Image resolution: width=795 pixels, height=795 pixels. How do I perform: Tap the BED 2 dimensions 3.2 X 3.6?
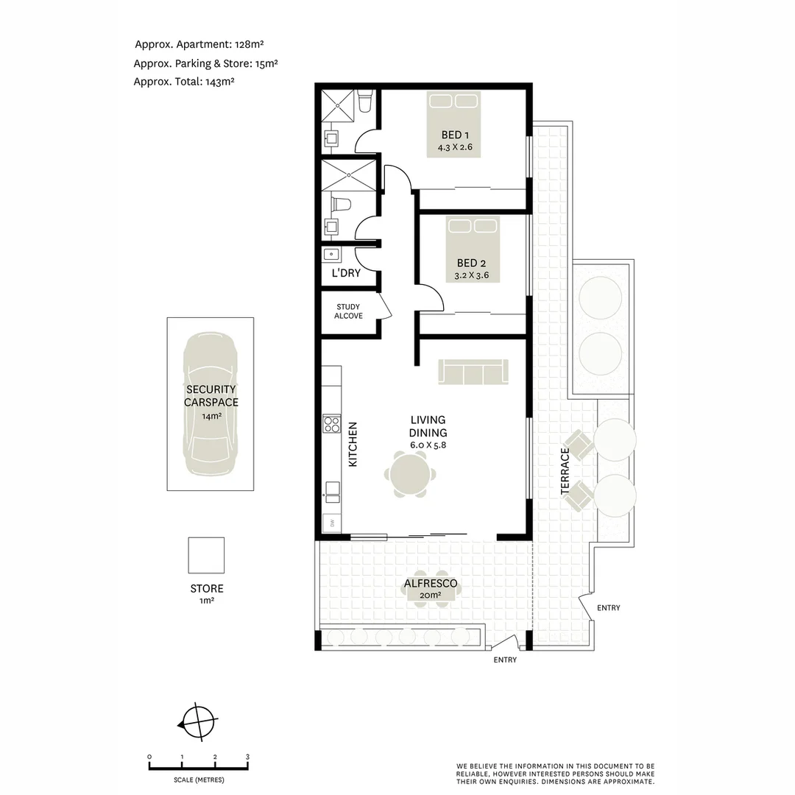pos(472,276)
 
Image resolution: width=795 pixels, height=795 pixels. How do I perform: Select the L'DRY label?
pos(345,273)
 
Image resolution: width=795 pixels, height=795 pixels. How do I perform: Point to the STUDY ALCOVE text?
pos(348,311)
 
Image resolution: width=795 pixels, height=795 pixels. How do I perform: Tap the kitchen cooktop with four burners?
pos(331,424)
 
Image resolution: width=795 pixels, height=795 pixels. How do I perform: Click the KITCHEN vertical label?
pos(353,445)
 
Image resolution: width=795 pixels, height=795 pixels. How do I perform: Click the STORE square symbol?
pos(206,555)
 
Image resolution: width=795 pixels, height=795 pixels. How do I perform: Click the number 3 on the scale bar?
pos(248,757)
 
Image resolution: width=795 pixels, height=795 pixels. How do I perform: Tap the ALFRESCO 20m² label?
pos(431,589)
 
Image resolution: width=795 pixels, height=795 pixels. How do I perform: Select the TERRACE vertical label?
pos(565,471)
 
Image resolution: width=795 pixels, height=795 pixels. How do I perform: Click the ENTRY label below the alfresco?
pos(505,660)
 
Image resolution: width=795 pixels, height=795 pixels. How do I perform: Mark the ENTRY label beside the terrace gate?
pos(608,608)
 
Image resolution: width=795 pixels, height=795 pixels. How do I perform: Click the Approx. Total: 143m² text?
pos(183,82)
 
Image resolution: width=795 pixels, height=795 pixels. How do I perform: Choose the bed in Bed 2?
pos(472,250)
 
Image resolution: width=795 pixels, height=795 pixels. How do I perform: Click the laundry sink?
pos(332,255)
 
